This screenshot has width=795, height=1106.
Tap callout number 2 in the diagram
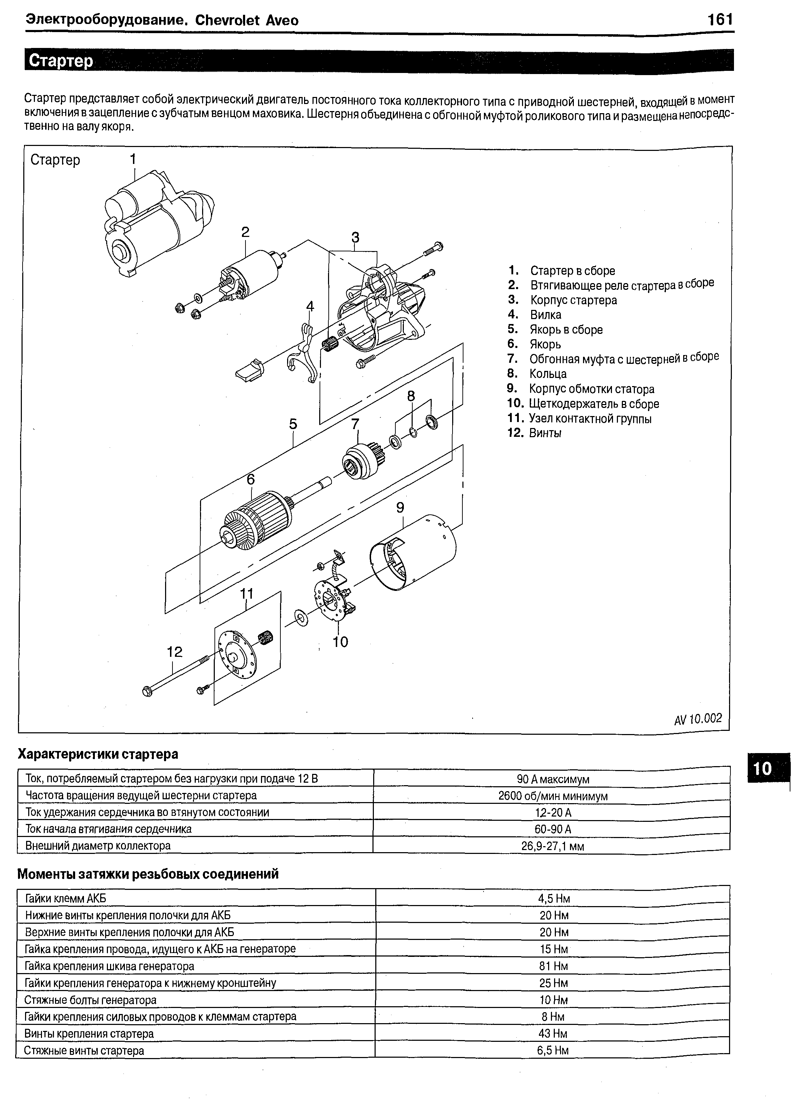click(245, 232)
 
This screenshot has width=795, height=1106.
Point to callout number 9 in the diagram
click(400, 508)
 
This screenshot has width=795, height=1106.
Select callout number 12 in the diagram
click(174, 652)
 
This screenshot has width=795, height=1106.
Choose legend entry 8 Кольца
click(548, 374)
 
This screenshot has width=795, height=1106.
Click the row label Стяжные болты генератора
click(90, 1000)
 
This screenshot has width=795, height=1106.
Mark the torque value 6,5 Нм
click(553, 1050)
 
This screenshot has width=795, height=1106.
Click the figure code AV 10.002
click(697, 719)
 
